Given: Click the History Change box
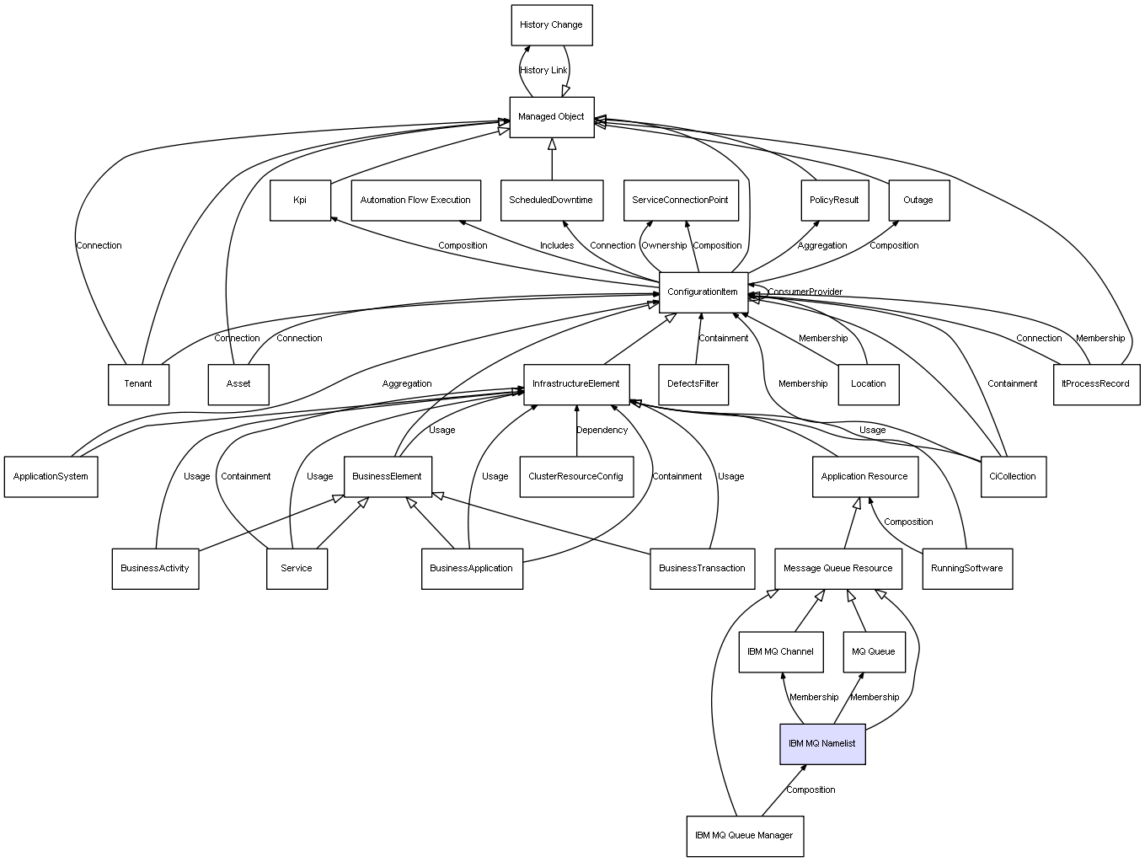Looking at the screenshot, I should pyautogui.click(x=551, y=25).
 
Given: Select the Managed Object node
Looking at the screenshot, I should pyautogui.click(x=551, y=117).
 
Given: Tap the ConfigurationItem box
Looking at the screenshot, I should pyautogui.click(x=703, y=292).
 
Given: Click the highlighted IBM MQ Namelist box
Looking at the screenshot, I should pyautogui.click(x=821, y=744).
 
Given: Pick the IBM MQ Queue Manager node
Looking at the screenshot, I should pyautogui.click(x=744, y=836).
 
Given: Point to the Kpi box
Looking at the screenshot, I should pyautogui.click(x=300, y=201).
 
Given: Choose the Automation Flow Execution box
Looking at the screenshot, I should pyautogui.click(x=415, y=201).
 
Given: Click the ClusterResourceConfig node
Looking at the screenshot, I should pyautogui.click(x=575, y=477).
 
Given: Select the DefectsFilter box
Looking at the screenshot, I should pyautogui.click(x=693, y=384).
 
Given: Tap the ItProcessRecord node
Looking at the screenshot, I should pyautogui.click(x=1095, y=384).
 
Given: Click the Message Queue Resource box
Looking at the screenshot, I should pyautogui.click(x=837, y=569).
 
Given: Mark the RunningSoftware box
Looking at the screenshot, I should pyautogui.click(x=966, y=569).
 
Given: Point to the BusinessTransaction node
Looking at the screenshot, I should pyautogui.click(x=702, y=569).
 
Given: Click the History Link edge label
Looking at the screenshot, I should pyautogui.click(x=543, y=71).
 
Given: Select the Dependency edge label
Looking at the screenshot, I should pyautogui.click(x=602, y=431).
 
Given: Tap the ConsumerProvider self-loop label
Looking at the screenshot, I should pyautogui.click(x=805, y=292).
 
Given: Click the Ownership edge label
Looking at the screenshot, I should pyautogui.click(x=664, y=246).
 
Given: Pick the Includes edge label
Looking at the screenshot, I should pyautogui.click(x=557, y=246).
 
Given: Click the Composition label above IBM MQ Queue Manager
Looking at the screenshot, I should pyautogui.click(x=811, y=790).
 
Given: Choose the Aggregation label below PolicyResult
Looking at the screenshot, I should pyautogui.click(x=822, y=246).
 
